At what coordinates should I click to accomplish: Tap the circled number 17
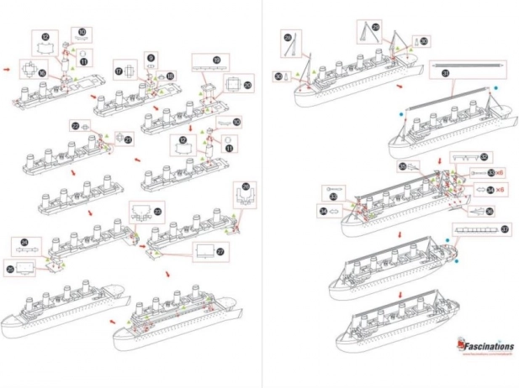[119, 72]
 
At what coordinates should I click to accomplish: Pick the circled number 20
[247, 85]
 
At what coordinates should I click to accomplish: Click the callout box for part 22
[80, 126]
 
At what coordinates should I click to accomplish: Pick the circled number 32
[484, 156]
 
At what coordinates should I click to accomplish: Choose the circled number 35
[404, 167]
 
